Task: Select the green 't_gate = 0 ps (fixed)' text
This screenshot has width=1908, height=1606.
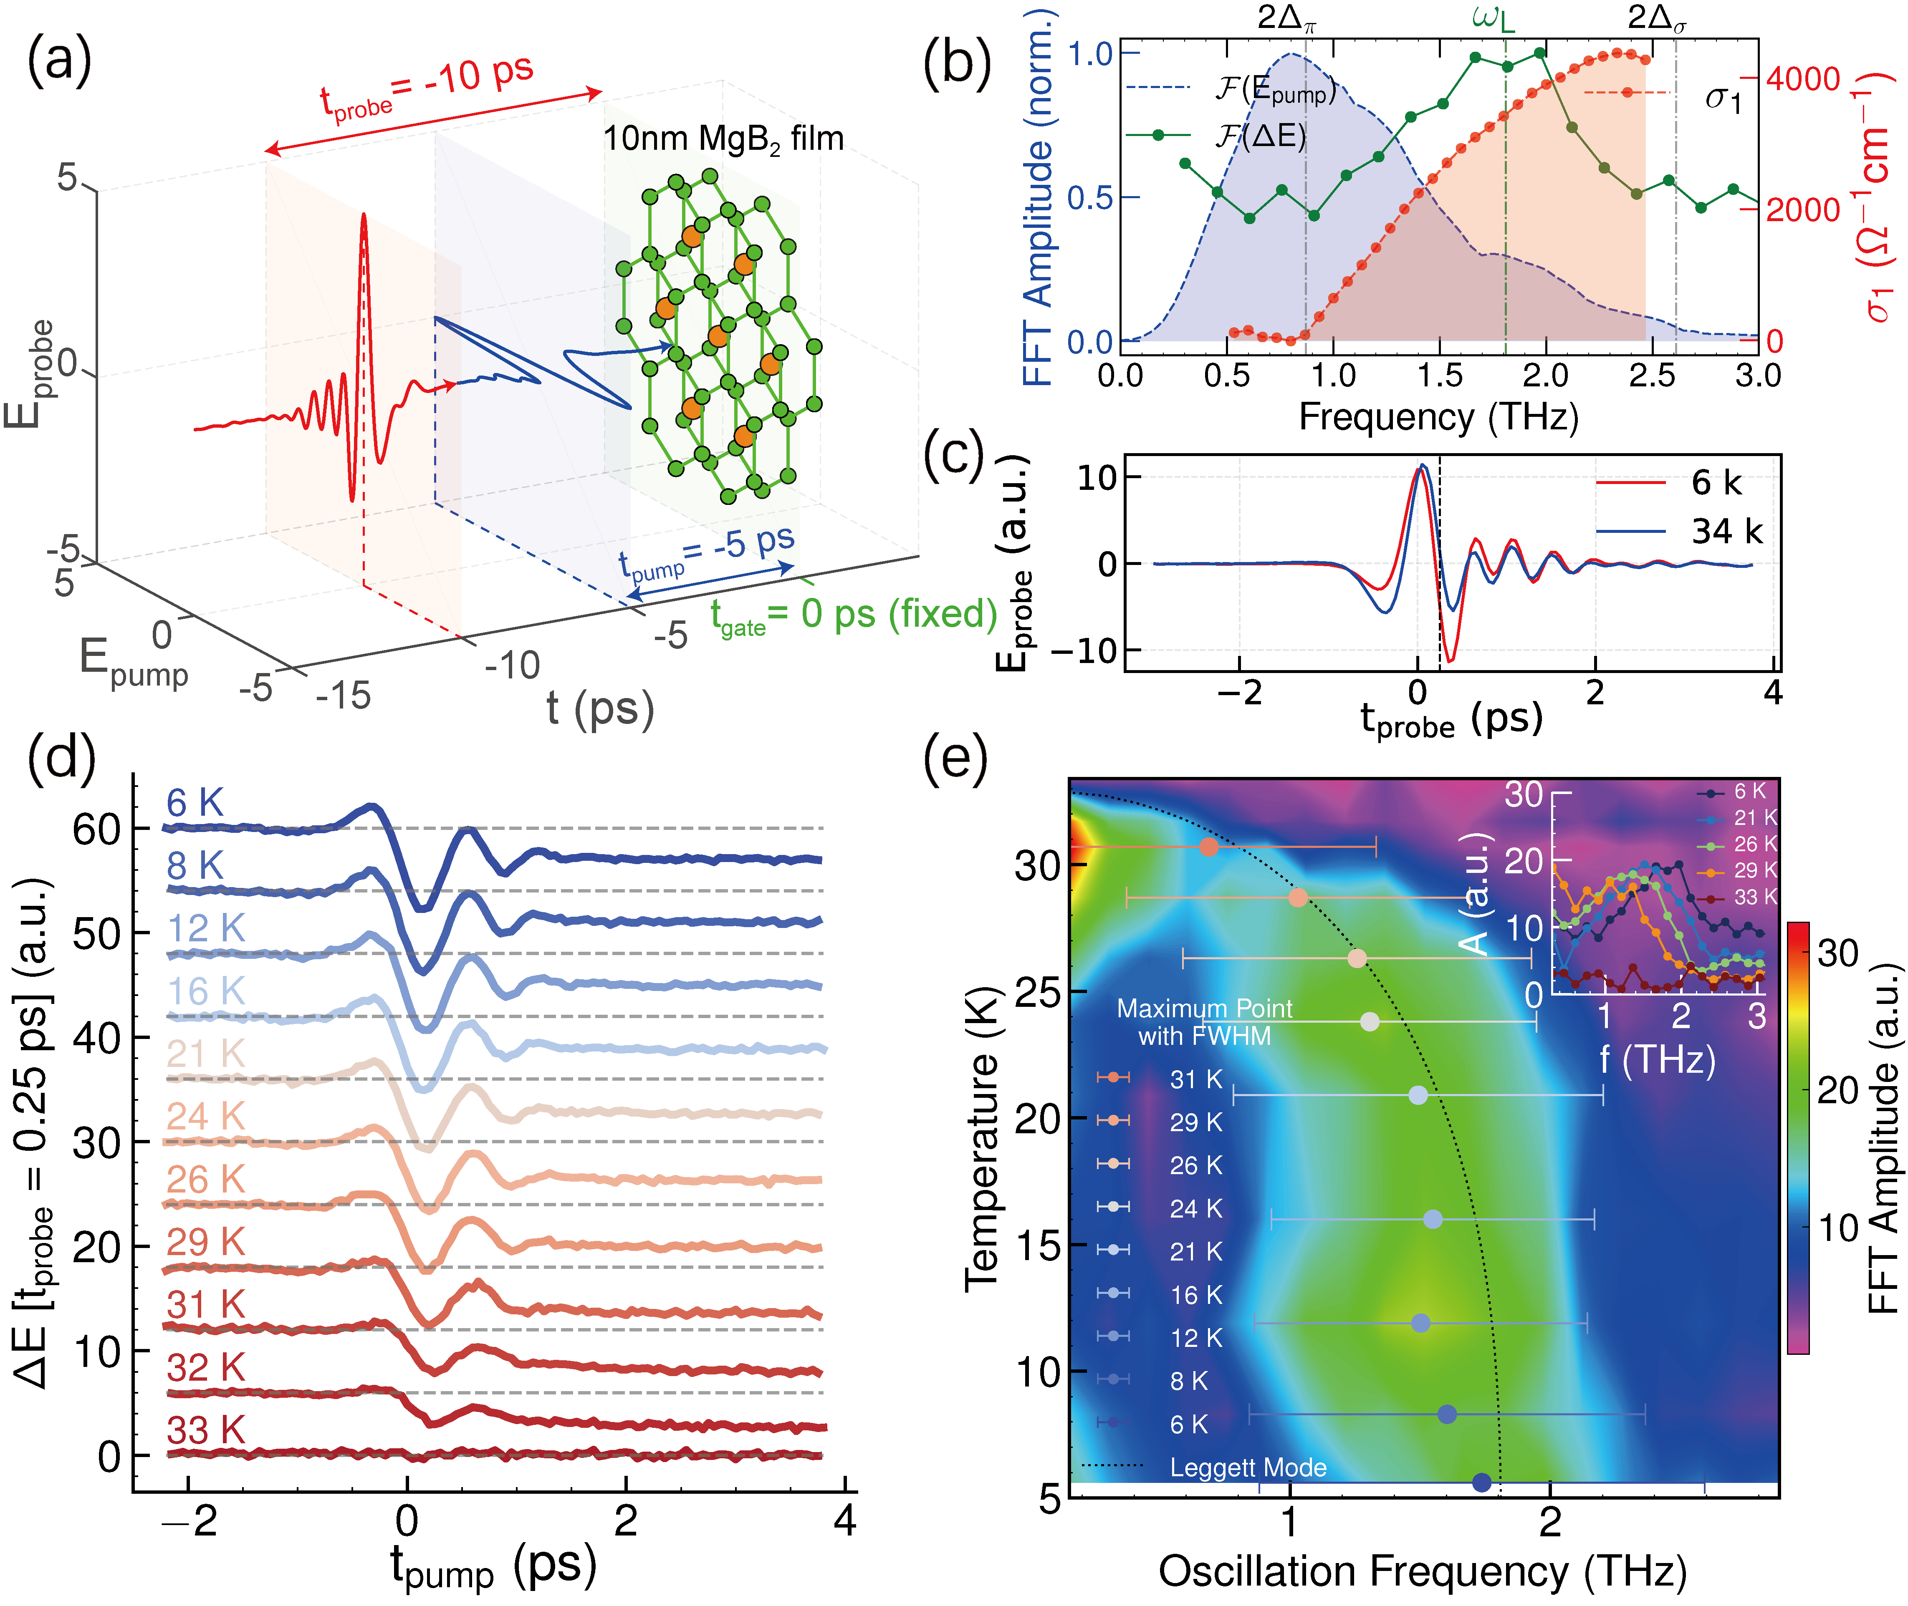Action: (853, 615)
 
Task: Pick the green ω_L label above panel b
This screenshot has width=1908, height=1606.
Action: (1494, 18)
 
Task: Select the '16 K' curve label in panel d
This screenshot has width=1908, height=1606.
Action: (206, 991)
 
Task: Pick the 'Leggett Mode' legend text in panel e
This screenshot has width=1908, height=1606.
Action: (1248, 1467)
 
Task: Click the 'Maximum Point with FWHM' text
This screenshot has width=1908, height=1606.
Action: (1204, 1021)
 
